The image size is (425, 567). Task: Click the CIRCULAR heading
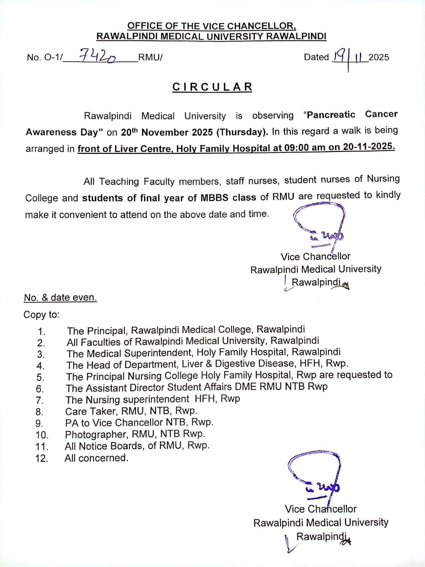[x=212, y=87]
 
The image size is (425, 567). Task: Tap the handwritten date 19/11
[x=349, y=57]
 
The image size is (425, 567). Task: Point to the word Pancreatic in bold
[x=331, y=115]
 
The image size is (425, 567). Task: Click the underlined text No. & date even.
[x=60, y=298]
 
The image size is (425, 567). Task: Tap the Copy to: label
[x=41, y=315]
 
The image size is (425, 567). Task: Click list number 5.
[x=40, y=377]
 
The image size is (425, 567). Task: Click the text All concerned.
[x=96, y=458]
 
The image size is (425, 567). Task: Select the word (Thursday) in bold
[x=243, y=132]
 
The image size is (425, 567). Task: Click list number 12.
[x=42, y=458]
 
